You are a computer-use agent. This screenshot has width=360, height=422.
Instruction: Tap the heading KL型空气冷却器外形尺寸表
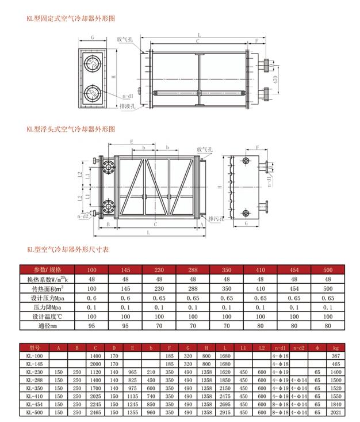(x=68, y=249)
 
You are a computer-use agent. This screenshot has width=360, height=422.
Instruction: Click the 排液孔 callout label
(x=127, y=107)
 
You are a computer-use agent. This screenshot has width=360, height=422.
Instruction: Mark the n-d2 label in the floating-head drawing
(x=83, y=217)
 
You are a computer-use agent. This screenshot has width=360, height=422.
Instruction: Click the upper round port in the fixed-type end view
(x=91, y=64)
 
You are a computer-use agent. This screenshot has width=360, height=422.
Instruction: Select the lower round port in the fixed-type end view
(x=91, y=93)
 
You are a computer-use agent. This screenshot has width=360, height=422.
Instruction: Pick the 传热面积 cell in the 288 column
(x=193, y=288)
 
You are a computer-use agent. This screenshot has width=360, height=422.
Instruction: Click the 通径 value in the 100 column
(x=91, y=326)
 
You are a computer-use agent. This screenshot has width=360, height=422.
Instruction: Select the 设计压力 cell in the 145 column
(x=126, y=298)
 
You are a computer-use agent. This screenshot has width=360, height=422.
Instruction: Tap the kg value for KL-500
(x=336, y=413)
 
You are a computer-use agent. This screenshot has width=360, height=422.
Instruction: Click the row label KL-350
(x=36, y=389)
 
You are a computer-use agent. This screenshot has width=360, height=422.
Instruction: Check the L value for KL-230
(x=225, y=373)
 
